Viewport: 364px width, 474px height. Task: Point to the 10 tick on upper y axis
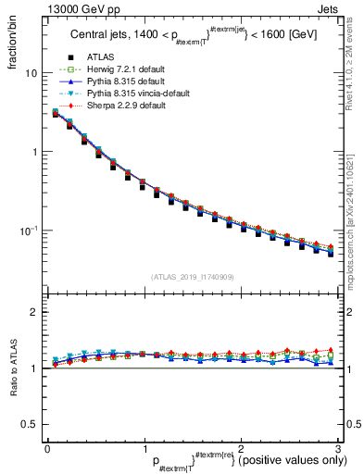pos(31,73)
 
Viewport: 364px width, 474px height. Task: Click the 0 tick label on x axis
pos(47,448)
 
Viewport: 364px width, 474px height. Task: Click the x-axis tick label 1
pos(144,448)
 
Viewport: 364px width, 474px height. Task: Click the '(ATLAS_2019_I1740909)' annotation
pos(192,277)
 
